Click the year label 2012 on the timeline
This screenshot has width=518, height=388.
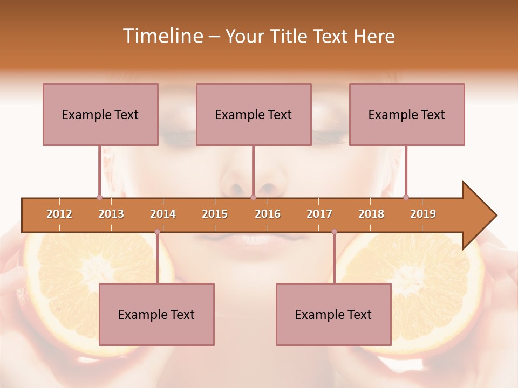(x=59, y=214)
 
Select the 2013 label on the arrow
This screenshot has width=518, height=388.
(x=111, y=214)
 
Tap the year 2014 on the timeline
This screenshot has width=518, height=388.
(x=163, y=214)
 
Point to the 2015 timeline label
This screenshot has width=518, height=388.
(x=215, y=214)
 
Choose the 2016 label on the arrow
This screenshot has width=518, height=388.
(x=268, y=214)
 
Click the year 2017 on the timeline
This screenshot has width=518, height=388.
(x=319, y=214)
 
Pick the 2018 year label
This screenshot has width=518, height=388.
(x=371, y=214)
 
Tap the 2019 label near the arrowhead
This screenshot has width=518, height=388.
(x=423, y=214)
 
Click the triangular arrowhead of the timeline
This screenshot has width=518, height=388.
(x=478, y=215)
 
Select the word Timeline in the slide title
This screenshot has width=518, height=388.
(x=162, y=36)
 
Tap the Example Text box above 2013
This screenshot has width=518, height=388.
(x=100, y=114)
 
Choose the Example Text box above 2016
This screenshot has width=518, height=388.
(x=254, y=114)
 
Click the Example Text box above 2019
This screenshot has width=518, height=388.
(x=407, y=114)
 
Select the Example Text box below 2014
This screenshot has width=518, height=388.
(x=156, y=314)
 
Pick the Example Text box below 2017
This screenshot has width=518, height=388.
(x=333, y=314)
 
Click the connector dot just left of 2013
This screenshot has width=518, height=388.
(x=99, y=197)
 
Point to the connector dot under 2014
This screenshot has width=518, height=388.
(x=157, y=232)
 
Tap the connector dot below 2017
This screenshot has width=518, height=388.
(x=334, y=232)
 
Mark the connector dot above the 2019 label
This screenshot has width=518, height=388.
(x=406, y=197)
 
